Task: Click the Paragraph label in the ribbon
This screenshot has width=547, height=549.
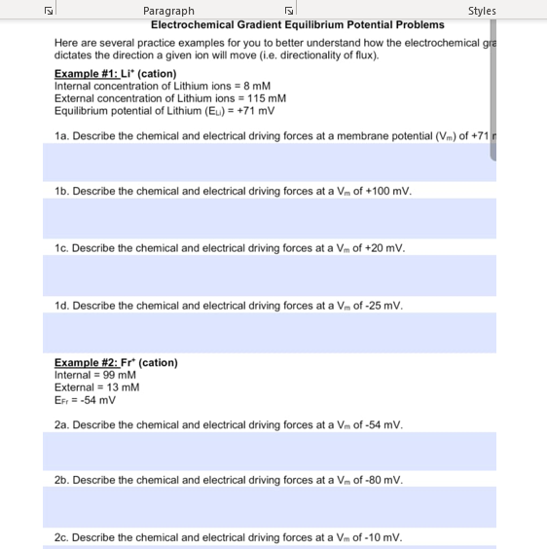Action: (168, 11)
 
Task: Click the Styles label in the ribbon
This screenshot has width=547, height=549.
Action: (481, 11)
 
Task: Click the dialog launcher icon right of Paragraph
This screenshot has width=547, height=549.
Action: (288, 11)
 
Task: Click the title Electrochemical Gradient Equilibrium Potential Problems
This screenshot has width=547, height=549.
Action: (298, 24)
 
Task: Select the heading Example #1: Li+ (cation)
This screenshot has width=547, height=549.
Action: (115, 74)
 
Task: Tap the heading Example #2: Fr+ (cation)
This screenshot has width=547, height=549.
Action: (116, 362)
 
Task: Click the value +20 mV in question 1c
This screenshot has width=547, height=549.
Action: (383, 248)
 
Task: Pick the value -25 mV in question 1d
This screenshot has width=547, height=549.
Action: (381, 306)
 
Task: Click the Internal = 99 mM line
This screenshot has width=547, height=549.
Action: (94, 375)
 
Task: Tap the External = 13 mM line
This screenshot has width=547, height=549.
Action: (96, 387)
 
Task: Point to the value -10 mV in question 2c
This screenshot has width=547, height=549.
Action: (381, 537)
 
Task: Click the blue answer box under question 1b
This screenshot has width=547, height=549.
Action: (269, 219)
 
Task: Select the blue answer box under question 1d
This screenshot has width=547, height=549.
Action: (269, 333)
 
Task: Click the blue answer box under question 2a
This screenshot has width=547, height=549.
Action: (269, 451)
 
